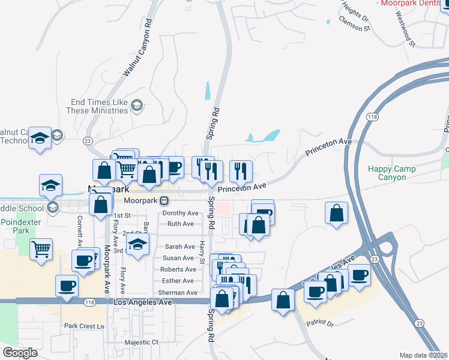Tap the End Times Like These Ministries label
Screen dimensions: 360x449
point(100,106)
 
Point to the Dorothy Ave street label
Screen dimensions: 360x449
point(180,213)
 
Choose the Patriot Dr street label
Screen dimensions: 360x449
point(319,323)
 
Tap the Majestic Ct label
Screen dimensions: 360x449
point(141,343)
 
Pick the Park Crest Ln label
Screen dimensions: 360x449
point(84,326)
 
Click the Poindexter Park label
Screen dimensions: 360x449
point(16,226)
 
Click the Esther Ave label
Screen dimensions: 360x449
point(178,281)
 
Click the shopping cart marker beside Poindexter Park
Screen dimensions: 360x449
point(41,248)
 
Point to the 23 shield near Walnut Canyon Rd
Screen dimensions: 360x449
point(88,140)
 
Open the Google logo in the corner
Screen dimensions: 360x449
point(20,353)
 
